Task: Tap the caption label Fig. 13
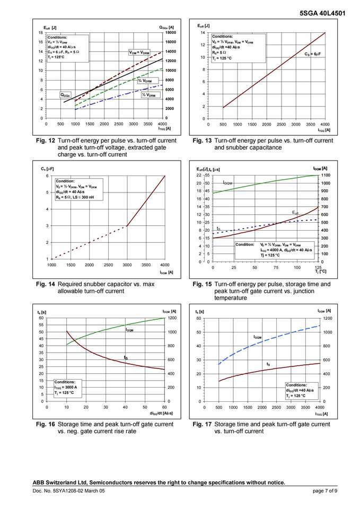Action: (201, 141)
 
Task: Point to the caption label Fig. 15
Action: (201, 284)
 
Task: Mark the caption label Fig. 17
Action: (201, 424)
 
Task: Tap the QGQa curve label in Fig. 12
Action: (66, 95)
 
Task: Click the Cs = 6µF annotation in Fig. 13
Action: (312, 54)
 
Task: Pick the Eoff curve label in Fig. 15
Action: (296, 213)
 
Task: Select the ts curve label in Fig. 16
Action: (126, 358)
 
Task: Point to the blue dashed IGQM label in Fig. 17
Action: (257, 337)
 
